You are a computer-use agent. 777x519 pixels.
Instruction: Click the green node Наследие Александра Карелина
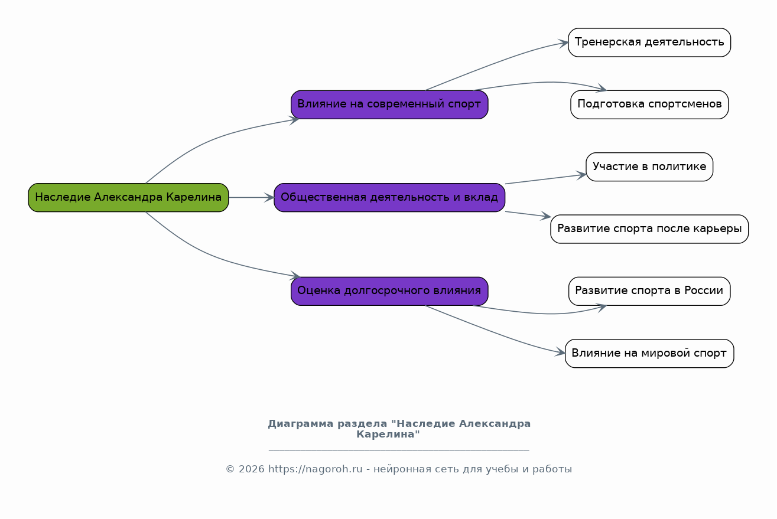click(x=128, y=197)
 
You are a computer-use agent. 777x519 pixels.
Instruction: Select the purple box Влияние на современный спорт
click(x=389, y=105)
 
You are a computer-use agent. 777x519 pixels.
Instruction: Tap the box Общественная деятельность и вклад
click(x=389, y=197)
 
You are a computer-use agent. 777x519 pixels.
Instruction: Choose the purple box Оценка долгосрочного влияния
click(x=389, y=291)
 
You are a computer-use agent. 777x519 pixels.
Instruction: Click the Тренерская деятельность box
click(x=649, y=43)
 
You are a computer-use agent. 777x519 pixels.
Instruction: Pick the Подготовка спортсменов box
click(x=649, y=105)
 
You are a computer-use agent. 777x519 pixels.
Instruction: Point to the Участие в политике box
click(x=649, y=167)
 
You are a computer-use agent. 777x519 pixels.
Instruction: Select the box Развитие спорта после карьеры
click(x=649, y=229)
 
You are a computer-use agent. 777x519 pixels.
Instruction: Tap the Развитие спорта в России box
click(x=649, y=291)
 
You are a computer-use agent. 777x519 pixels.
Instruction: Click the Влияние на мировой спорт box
click(x=649, y=354)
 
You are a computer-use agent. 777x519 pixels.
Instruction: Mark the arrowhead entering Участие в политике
click(x=581, y=175)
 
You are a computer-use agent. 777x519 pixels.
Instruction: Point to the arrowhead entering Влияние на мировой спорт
click(x=561, y=353)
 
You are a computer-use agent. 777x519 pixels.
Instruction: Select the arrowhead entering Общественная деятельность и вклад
click(x=269, y=197)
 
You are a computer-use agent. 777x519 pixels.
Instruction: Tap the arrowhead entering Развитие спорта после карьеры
click(x=546, y=217)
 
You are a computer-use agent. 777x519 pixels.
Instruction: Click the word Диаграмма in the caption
click(x=300, y=424)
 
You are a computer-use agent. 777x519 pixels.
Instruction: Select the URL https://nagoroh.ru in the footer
click(x=315, y=469)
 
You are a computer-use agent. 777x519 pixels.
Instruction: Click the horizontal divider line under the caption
click(x=399, y=451)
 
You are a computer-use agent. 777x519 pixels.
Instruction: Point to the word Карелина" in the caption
click(x=388, y=435)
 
